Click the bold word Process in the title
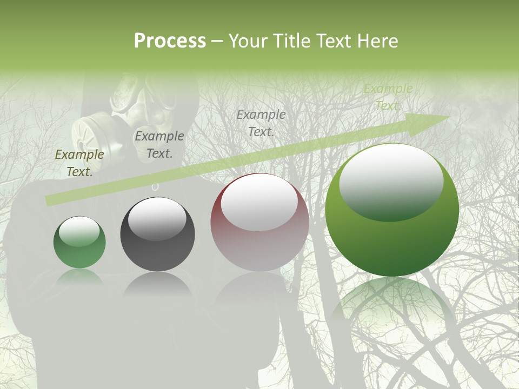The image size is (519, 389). click(x=170, y=41)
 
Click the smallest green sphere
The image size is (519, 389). click(x=79, y=242)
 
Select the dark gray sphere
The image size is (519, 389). click(x=157, y=234)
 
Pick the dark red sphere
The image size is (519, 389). click(x=259, y=223)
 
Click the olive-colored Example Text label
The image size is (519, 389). click(x=79, y=163)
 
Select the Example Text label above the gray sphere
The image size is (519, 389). click(x=159, y=145)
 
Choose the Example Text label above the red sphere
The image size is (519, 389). click(x=261, y=123)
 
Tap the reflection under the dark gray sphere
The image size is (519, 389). click(x=157, y=284)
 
